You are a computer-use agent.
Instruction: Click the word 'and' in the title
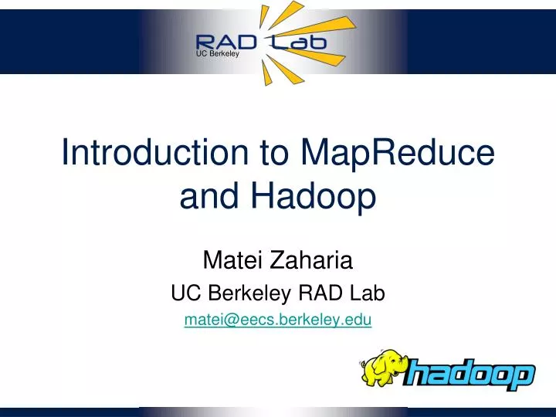[208, 198]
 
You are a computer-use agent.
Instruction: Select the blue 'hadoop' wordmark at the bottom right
[470, 376]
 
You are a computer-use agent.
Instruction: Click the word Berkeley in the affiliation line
[239, 293]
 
